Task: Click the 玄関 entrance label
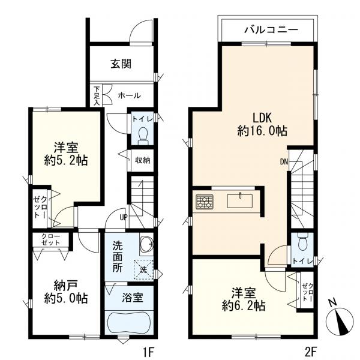tap(121, 64)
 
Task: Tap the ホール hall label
tap(129, 95)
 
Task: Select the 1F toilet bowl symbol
tap(143, 136)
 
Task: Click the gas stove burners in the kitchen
tap(205, 202)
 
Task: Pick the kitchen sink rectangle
tap(239, 201)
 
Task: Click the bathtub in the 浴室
tap(129, 322)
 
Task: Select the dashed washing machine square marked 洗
tap(143, 269)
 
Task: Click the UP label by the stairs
tap(123, 217)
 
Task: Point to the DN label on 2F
tap(284, 162)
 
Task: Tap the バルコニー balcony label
tap(271, 30)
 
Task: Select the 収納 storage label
tap(142, 160)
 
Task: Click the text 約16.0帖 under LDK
tap(262, 131)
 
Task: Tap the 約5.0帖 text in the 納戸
tap(66, 298)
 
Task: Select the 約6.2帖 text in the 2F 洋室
tap(244, 306)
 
